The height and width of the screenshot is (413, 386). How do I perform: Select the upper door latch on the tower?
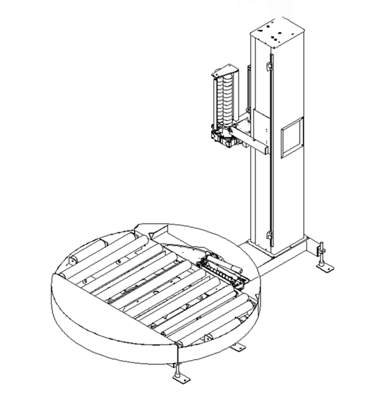[269, 68]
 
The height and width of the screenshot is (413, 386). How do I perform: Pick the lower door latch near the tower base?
[269, 237]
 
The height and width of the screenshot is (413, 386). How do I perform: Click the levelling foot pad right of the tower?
[325, 268]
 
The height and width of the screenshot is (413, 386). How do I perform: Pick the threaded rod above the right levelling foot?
[322, 251]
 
